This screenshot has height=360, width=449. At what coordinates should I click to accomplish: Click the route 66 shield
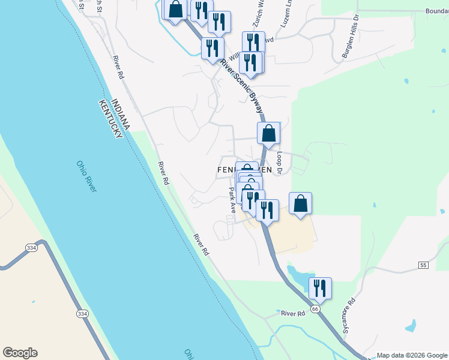(x=315, y=308)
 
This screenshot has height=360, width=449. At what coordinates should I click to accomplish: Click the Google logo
(x=20, y=353)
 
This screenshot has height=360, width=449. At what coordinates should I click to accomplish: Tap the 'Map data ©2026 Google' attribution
(x=412, y=355)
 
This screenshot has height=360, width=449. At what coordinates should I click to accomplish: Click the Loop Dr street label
(x=280, y=161)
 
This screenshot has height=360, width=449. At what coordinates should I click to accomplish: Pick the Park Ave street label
(x=232, y=200)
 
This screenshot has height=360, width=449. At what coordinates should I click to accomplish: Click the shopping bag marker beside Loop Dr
(x=268, y=133)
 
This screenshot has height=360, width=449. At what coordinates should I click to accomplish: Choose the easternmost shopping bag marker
(x=300, y=203)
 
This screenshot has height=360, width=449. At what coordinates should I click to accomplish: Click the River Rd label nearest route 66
(x=293, y=313)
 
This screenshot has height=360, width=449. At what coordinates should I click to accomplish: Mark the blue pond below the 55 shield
(x=411, y=326)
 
